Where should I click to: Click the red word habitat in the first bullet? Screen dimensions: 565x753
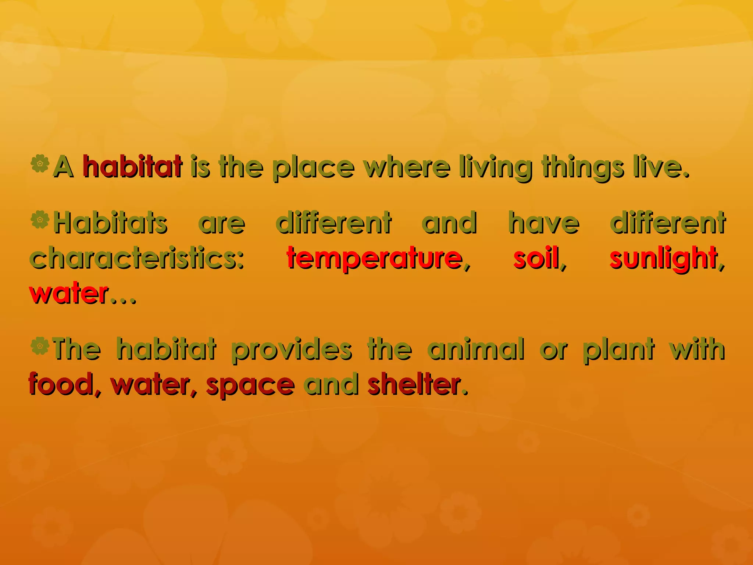point(132,167)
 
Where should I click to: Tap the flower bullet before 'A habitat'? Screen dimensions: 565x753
point(40,164)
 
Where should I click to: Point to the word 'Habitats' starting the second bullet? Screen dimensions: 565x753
point(110,223)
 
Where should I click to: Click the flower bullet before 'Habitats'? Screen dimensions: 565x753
point(40,220)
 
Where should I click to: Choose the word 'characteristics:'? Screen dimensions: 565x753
point(137,258)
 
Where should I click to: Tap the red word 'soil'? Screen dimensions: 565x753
point(536,258)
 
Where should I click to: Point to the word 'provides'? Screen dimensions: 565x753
point(291,349)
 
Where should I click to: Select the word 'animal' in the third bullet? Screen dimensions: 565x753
point(476,349)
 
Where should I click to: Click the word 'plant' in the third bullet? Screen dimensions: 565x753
point(618,349)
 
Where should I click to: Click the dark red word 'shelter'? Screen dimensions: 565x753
point(414,384)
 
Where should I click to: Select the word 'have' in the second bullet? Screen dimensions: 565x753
point(544,223)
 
